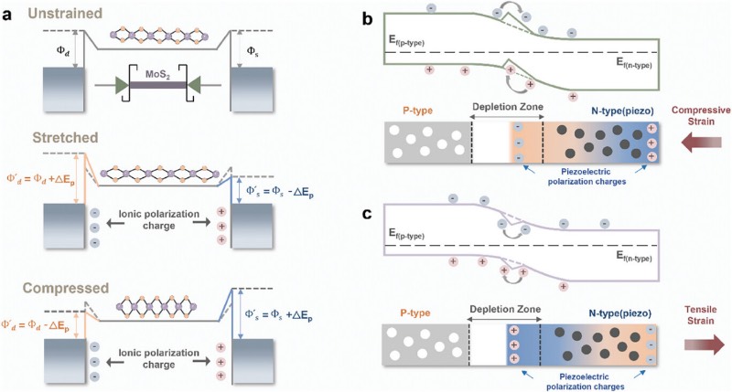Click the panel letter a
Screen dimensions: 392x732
(11, 15)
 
